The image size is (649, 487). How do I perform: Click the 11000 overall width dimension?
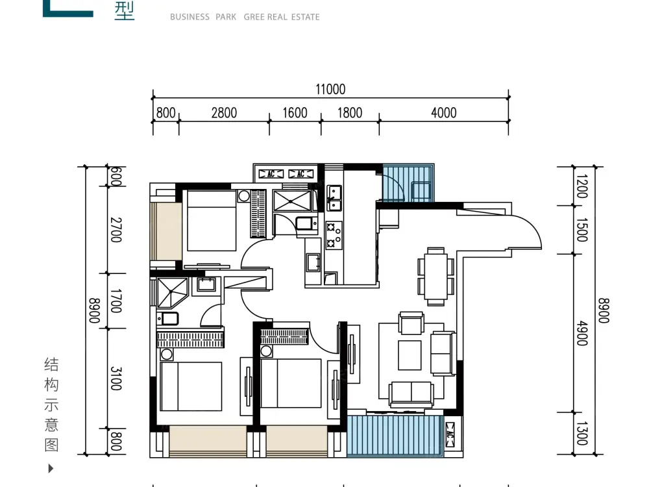pyautogui.click(x=330, y=89)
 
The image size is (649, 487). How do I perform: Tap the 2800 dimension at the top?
pyautogui.click(x=224, y=112)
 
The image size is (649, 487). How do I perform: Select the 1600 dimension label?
pyautogui.click(x=295, y=112)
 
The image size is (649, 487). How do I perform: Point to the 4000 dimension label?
pyautogui.click(x=444, y=112)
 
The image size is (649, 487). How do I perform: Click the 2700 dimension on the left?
pyautogui.click(x=116, y=230)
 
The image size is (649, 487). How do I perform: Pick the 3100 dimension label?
pyautogui.click(x=116, y=379)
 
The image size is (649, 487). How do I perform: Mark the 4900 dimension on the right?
pyautogui.click(x=582, y=333)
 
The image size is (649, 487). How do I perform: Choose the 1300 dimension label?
pyautogui.click(x=582, y=434)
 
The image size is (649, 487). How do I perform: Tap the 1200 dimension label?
pyautogui.click(x=582, y=186)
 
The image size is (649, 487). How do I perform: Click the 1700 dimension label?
pyautogui.click(x=116, y=301)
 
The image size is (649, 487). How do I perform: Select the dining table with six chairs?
pyautogui.click(x=436, y=277)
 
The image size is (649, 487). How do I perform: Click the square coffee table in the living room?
pyautogui.click(x=410, y=355)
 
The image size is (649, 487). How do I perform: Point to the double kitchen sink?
pyautogui.click(x=334, y=198)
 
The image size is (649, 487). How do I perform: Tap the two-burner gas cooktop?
pyautogui.click(x=334, y=235)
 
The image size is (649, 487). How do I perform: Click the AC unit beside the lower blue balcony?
pyautogui.click(x=450, y=435)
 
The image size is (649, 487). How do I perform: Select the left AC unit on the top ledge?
pyautogui.click(x=271, y=174)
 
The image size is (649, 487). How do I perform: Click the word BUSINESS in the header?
pyautogui.click(x=190, y=17)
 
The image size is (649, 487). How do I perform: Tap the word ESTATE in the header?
pyautogui.click(x=306, y=17)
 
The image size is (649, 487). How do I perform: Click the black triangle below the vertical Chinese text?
pyautogui.click(x=51, y=468)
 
